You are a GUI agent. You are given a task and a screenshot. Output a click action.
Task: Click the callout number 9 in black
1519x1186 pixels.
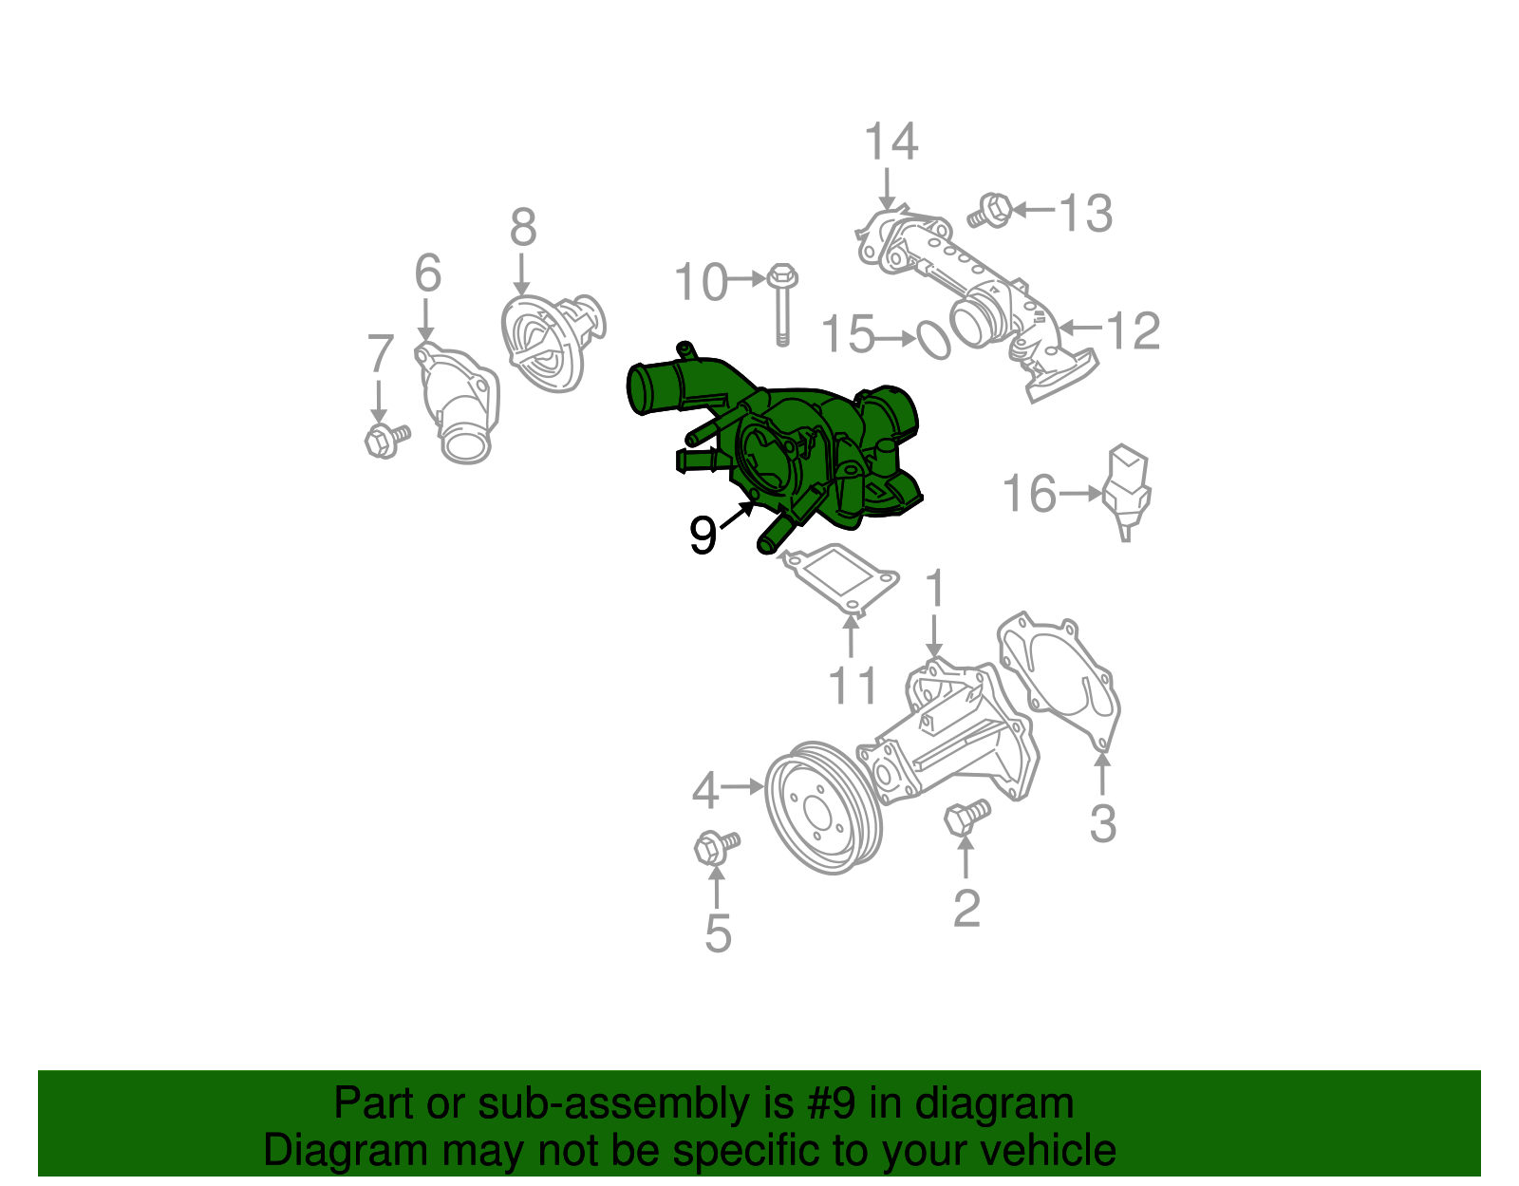(x=702, y=537)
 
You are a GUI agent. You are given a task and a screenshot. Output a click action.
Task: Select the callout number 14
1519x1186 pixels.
(x=891, y=142)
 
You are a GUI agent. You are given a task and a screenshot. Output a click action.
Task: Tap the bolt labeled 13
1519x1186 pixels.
(x=991, y=211)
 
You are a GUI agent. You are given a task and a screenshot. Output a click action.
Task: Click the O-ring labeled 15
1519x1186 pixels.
(x=933, y=340)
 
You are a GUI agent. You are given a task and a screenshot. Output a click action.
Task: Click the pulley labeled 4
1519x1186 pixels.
(x=823, y=807)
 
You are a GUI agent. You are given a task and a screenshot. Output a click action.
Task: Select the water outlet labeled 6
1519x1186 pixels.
(x=458, y=404)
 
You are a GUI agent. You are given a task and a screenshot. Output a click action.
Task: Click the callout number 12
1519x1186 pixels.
(x=1134, y=331)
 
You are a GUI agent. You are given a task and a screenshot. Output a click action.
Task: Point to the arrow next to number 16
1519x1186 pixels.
(x=1080, y=494)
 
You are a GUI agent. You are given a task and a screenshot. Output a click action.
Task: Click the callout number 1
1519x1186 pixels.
(x=935, y=589)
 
